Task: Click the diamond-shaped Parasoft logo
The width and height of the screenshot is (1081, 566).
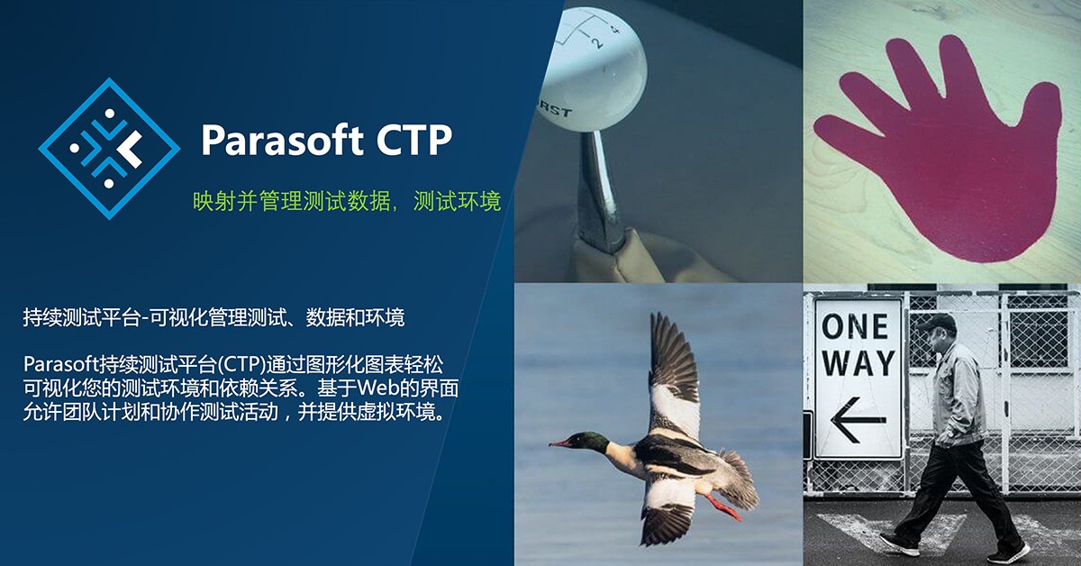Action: point(109,149)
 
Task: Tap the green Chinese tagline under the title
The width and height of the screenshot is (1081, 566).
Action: point(347,200)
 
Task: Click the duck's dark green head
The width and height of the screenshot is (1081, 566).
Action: point(591,442)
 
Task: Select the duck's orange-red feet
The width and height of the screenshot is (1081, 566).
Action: point(722,505)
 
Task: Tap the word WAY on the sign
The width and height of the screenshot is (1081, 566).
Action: point(858,362)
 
